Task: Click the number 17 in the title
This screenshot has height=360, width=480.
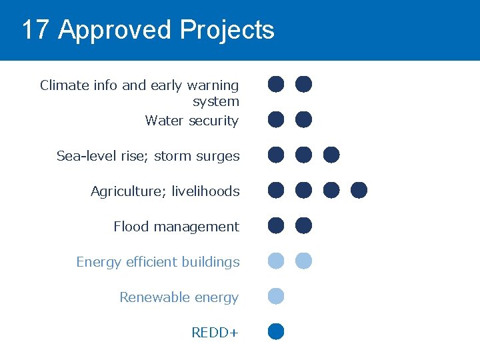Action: [x=36, y=30]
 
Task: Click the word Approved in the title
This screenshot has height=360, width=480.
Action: [x=115, y=30]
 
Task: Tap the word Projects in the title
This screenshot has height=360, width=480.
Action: [x=227, y=30]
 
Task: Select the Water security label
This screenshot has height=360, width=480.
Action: [x=192, y=121]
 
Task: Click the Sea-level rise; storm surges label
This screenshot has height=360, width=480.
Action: [x=148, y=156]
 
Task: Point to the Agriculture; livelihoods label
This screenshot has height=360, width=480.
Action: [x=165, y=191]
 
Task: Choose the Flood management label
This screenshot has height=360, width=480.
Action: [x=176, y=227]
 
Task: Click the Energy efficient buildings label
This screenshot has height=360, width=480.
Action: [x=158, y=262]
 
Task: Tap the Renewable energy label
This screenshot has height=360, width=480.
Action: [x=179, y=297]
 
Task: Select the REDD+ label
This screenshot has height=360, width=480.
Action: [x=215, y=333]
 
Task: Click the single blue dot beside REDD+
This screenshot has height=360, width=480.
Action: [x=276, y=331]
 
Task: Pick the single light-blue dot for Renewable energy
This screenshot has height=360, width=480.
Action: [x=276, y=296]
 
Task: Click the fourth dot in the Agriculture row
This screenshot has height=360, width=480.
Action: [x=359, y=190]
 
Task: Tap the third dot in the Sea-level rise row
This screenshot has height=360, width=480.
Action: [x=331, y=155]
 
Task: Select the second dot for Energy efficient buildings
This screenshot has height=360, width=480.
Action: [x=303, y=261]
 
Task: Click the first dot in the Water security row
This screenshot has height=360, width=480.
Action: [x=276, y=119]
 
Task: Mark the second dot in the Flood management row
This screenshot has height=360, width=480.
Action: [x=303, y=225]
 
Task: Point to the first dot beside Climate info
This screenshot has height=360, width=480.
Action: [x=276, y=84]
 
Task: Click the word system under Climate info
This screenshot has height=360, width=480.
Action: [x=216, y=102]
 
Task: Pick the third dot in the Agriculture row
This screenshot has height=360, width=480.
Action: [x=331, y=190]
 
